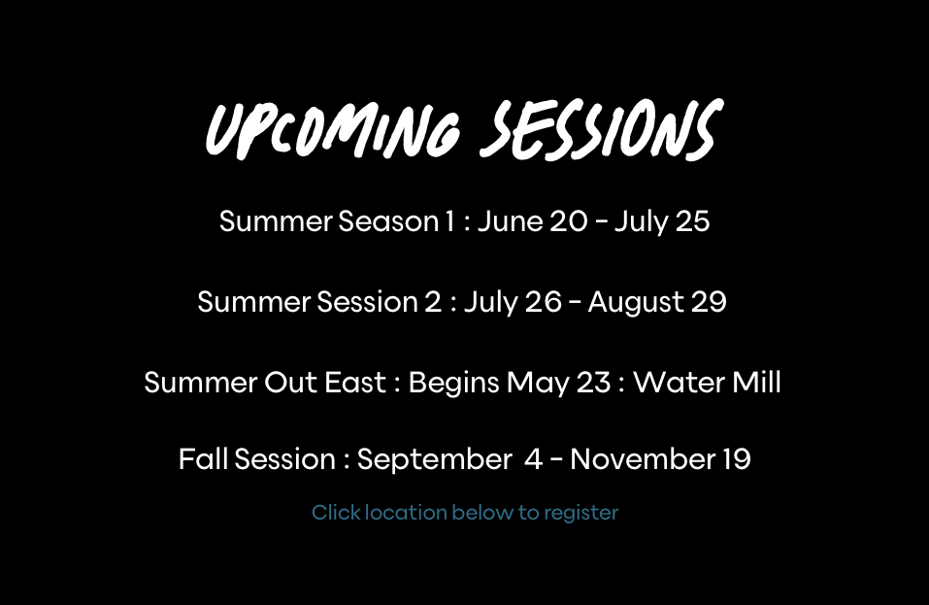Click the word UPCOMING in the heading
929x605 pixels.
tap(333, 131)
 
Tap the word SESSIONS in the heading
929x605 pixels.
tap(601, 130)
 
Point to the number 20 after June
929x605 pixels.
tap(568, 221)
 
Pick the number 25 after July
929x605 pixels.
tap(692, 221)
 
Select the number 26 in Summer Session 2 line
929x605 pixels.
tap(543, 302)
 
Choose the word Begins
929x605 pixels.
tap(454, 384)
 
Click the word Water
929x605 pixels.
tap(679, 383)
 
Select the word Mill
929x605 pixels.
tap(756, 383)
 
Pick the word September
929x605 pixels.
tap(434, 460)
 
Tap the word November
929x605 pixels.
tap(643, 459)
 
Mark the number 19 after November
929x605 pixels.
tap(737, 459)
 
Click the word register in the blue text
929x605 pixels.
tap(581, 513)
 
